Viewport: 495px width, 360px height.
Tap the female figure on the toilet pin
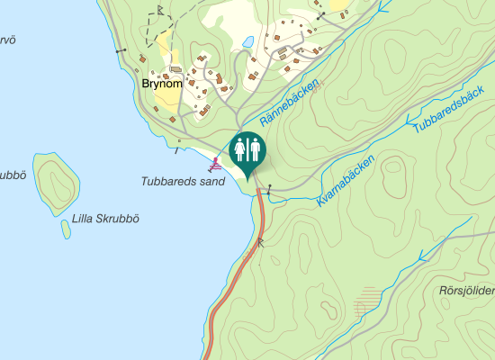[x=240, y=148]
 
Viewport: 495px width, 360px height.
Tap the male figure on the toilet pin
[x=255, y=148]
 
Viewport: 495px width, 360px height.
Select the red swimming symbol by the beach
[x=215, y=163]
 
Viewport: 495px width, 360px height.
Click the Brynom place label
[x=162, y=84]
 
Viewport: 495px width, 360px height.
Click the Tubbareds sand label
[x=182, y=181]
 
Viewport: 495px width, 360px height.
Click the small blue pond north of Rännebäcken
[x=246, y=41]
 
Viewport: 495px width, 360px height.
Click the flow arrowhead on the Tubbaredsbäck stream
[x=409, y=118]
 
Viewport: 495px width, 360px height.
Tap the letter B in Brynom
[x=146, y=84]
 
